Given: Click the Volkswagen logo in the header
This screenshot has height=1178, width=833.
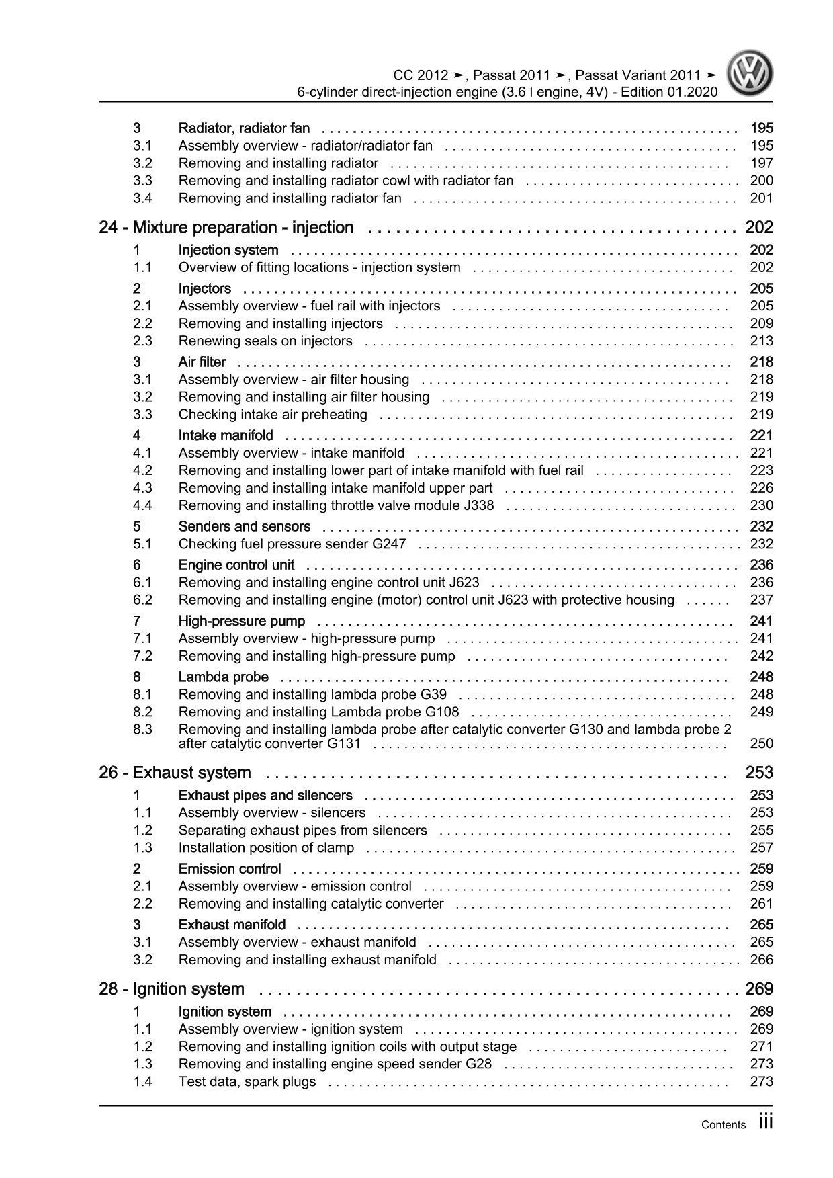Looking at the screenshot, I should tap(752, 75).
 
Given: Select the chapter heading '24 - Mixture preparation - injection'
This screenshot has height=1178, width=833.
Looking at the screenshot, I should tap(226, 228).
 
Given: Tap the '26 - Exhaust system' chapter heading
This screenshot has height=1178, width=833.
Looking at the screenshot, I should tap(175, 773).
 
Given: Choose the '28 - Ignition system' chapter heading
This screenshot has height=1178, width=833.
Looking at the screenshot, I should tap(171, 989).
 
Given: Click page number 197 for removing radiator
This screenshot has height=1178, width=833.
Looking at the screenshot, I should tap(762, 163).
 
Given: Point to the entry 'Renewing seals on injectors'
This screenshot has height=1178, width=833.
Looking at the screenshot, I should tap(265, 341).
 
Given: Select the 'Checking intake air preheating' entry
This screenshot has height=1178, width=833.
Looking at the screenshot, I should tap(273, 415).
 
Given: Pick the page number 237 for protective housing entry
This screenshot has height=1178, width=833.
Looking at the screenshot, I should tap(762, 600).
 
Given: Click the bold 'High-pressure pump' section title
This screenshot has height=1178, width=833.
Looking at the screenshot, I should tap(242, 621).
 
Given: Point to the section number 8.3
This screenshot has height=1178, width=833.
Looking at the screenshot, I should tap(142, 729).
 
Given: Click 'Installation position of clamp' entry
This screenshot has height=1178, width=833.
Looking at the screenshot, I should tap(266, 848).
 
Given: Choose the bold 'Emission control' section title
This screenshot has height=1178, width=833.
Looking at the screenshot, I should tap(230, 869).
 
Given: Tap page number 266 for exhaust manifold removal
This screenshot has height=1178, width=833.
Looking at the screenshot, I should tap(762, 960).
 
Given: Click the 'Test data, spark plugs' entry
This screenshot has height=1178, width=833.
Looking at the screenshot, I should tap(247, 1082).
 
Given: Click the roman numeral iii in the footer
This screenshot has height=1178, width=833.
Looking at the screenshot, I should tap(765, 1122).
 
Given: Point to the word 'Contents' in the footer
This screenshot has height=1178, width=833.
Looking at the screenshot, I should tap(723, 1125).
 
